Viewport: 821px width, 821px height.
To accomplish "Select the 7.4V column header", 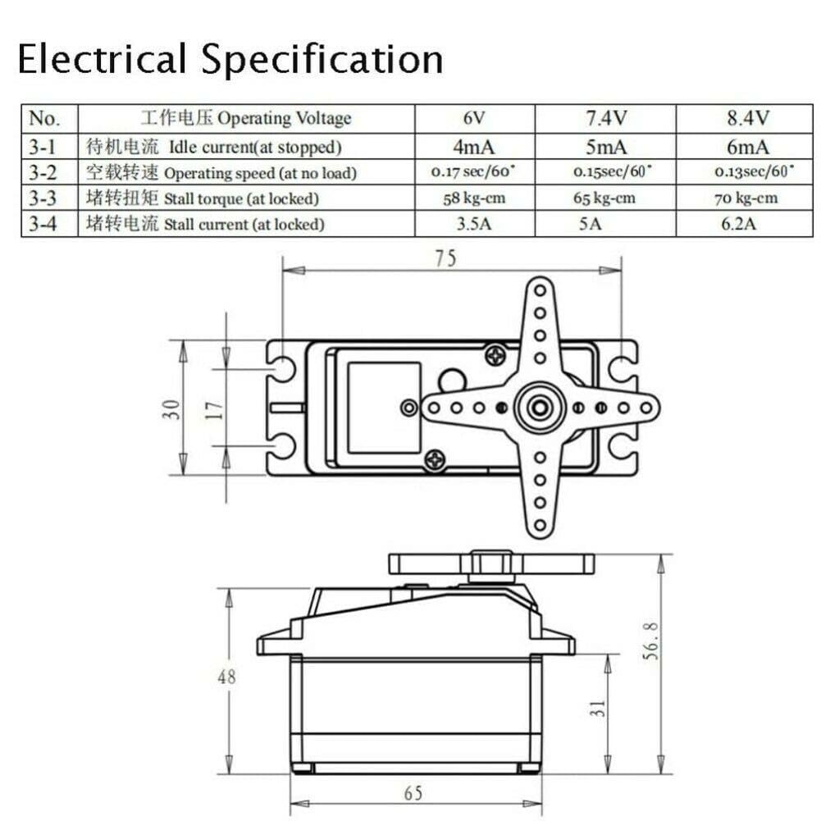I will pos(606,118).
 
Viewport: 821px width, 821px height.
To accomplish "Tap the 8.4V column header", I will pos(747,118).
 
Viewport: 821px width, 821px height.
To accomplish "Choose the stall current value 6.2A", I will pos(738,224).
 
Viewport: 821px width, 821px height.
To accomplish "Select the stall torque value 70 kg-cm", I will pos(746,198).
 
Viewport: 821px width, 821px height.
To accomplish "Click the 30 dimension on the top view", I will pos(172,408).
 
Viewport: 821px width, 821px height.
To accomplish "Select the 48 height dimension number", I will pos(226,677).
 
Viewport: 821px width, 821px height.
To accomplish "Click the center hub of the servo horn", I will pos(540,406).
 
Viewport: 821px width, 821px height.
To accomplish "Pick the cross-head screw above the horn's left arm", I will pos(495,355).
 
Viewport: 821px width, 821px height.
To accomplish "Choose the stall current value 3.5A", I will pos(474,224).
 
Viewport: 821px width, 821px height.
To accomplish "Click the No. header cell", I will pos(44,118).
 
